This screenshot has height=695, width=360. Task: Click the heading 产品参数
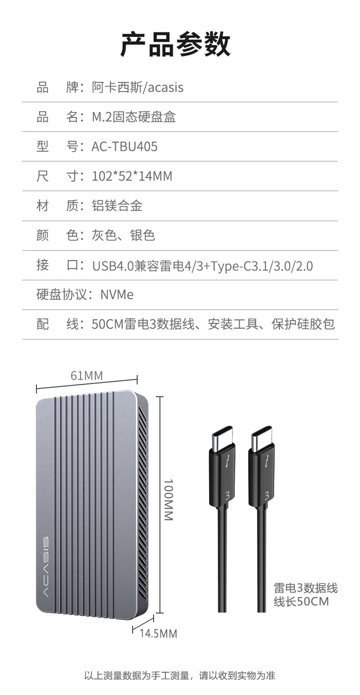[x=175, y=44]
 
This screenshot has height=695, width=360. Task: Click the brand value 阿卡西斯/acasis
[x=138, y=87]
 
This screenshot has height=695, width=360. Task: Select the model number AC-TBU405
[x=124, y=147]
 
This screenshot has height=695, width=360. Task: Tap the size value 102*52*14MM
[x=132, y=176]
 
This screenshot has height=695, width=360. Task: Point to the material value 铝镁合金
[x=117, y=205]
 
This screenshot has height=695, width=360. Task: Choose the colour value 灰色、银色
[x=123, y=235]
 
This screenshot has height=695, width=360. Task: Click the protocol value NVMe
[x=117, y=295]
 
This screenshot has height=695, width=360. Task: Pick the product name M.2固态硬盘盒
[x=134, y=117]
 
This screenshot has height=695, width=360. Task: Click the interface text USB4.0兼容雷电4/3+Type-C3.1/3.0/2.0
[x=202, y=266]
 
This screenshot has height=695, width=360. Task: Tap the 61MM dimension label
[x=87, y=375]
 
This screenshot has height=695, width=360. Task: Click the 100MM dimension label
[x=168, y=500]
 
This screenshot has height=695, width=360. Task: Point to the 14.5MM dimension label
[x=158, y=633]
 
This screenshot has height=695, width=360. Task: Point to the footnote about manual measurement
[x=180, y=675]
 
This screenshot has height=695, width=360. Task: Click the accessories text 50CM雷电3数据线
[x=143, y=324]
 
